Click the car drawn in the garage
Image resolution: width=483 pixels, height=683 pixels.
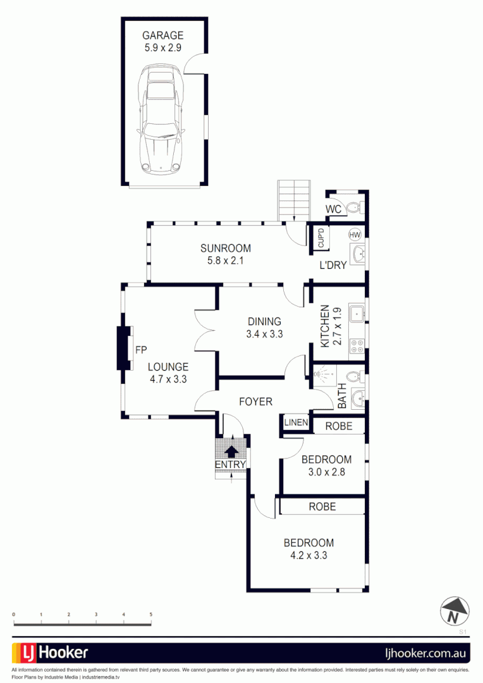click(x=162, y=121)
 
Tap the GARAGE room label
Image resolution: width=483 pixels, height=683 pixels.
click(x=162, y=36)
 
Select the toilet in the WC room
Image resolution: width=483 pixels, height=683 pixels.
click(x=355, y=207)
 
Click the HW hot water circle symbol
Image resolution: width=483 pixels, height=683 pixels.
click(x=355, y=235)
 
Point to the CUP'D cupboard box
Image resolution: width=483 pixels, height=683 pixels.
click(x=321, y=238)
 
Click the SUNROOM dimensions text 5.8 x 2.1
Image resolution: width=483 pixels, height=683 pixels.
click(x=226, y=260)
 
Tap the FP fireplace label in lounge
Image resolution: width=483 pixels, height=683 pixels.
click(x=141, y=349)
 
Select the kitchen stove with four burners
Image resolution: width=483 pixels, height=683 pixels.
click(x=356, y=345)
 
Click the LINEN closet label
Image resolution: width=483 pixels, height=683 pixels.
click(x=296, y=422)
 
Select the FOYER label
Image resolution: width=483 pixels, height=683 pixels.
click(x=255, y=402)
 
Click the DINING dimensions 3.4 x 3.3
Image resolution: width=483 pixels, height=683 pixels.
click(x=264, y=333)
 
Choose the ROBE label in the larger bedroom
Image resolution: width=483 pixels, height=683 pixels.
click(x=322, y=507)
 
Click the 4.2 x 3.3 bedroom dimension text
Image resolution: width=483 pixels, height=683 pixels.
click(x=308, y=556)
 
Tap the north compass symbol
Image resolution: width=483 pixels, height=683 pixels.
click(x=455, y=610)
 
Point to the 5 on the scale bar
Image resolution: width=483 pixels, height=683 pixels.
click(x=150, y=614)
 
